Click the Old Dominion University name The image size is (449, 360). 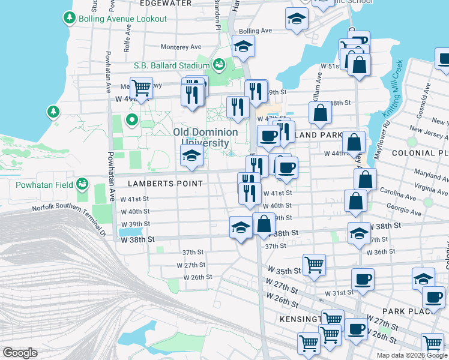point(205,137)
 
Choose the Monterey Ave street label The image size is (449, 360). point(181,47)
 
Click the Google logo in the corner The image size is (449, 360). point(20,353)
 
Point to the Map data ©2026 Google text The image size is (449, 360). point(411,355)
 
